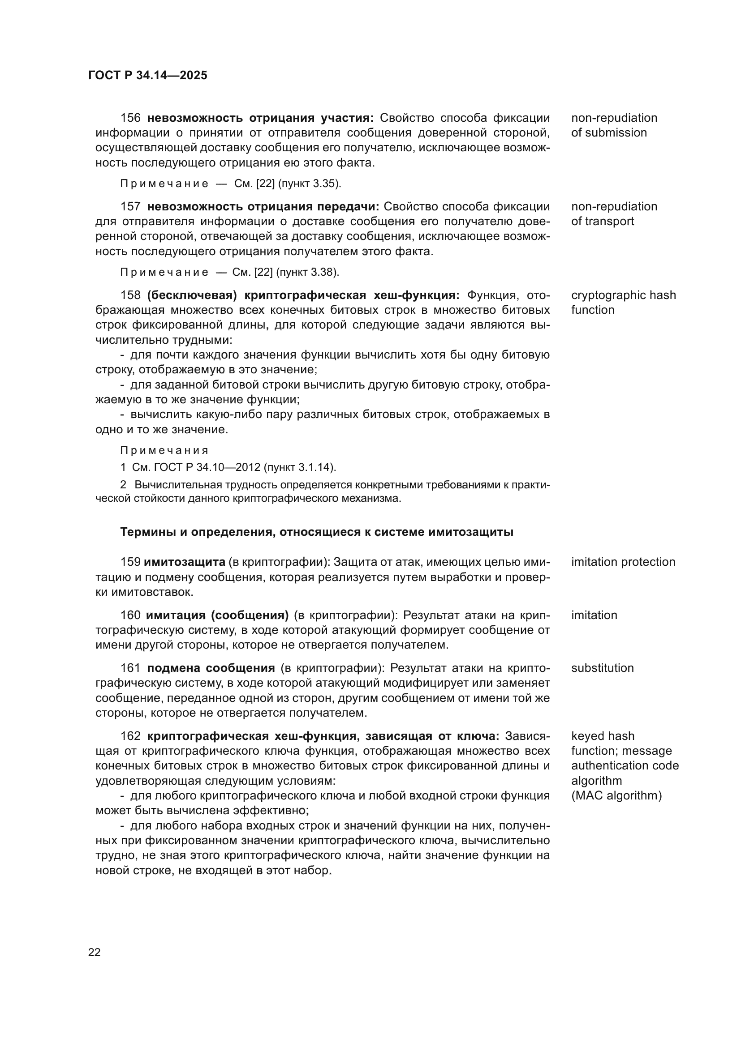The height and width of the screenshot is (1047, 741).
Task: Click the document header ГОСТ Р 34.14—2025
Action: click(147, 76)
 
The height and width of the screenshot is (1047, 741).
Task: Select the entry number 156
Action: click(130, 118)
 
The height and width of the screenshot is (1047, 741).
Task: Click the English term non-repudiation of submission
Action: click(613, 125)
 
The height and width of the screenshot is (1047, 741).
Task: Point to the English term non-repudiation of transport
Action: click(613, 214)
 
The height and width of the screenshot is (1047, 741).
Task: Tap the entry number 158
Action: click(130, 295)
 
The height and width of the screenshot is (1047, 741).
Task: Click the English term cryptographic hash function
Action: click(623, 302)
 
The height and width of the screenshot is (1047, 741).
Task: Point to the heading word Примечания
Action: click(164, 451)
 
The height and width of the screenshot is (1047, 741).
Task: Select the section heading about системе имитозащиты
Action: click(317, 532)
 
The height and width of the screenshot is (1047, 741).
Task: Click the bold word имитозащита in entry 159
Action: click(184, 562)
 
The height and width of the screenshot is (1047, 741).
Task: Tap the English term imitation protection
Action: click(623, 562)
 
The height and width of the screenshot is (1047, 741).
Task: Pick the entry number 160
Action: click(130, 615)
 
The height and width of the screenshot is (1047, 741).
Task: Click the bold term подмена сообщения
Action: click(211, 668)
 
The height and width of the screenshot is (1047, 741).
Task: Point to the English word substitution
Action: click(602, 668)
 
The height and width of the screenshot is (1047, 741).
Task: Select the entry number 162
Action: click(130, 736)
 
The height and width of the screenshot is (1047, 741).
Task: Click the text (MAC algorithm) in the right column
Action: click(616, 795)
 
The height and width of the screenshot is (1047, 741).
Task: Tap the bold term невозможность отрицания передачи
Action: click(263, 206)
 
